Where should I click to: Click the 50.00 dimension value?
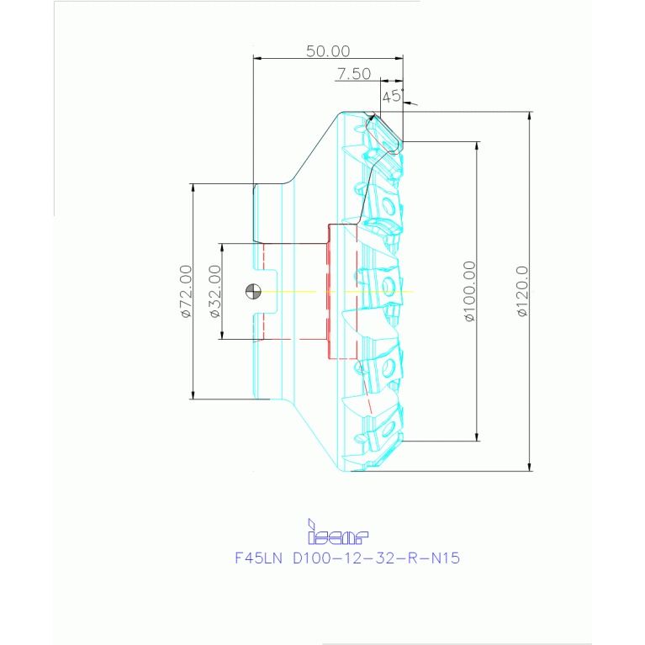click(x=327, y=50)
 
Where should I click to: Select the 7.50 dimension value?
click(x=353, y=74)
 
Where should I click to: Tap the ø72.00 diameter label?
click(x=185, y=291)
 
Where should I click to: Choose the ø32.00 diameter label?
click(x=214, y=291)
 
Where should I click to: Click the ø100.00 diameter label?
click(x=468, y=291)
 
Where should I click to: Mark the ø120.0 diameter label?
click(x=521, y=291)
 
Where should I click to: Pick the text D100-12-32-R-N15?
click(x=375, y=557)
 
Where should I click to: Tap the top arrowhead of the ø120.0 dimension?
click(x=530, y=116)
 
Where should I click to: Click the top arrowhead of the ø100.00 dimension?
click(x=478, y=145)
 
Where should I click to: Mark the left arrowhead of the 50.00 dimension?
click(x=258, y=58)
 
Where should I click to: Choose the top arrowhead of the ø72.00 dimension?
click(x=193, y=188)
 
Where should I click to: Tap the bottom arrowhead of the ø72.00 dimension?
click(x=193, y=394)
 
